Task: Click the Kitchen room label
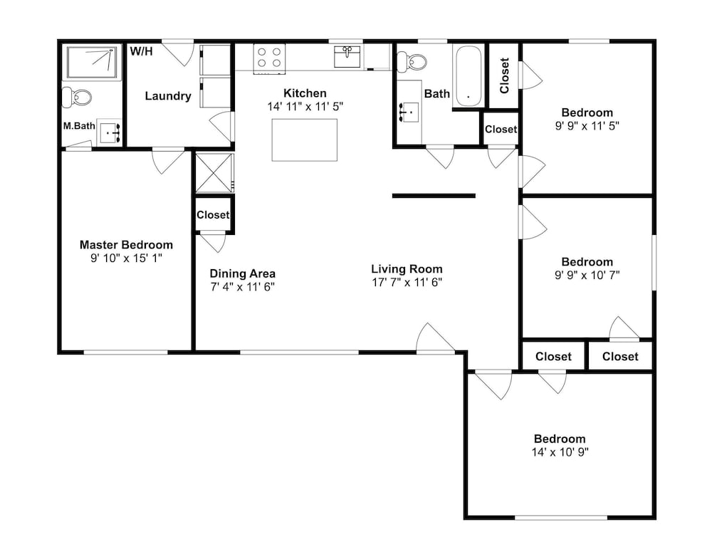point(305,93)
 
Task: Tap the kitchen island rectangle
point(305,140)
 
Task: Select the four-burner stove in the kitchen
point(269,58)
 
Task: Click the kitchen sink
point(347,56)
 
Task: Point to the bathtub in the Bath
point(468,76)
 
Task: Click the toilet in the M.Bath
point(77,97)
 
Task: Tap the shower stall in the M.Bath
point(93,62)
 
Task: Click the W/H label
point(141,51)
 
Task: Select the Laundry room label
point(168,96)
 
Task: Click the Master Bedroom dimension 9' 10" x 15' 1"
point(126,258)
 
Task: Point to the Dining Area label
point(243,274)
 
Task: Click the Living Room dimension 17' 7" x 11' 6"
point(407,283)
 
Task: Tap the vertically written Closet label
point(504,75)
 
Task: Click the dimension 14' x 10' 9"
point(560,452)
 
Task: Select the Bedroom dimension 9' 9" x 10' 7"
point(587,275)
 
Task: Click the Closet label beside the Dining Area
point(213,214)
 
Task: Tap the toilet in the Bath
point(412,62)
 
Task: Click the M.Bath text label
point(79,126)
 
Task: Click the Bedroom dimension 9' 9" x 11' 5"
point(587,126)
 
